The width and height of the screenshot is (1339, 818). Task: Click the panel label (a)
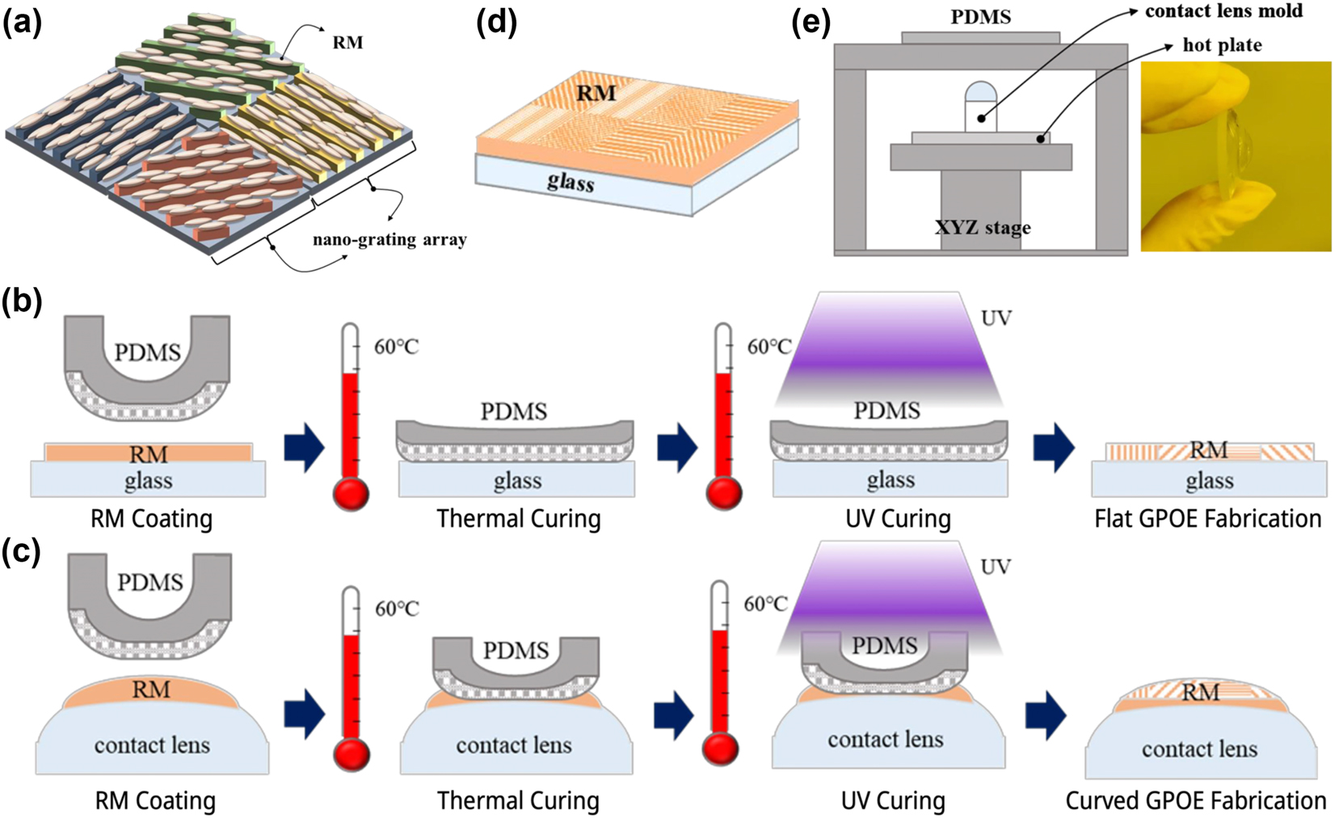tap(22, 23)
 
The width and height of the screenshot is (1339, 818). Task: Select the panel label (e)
tap(811, 23)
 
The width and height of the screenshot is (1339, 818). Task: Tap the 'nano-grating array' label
tap(389, 240)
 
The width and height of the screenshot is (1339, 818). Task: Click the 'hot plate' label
tap(1222, 45)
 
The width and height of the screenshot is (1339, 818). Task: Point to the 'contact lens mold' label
tap(1223, 11)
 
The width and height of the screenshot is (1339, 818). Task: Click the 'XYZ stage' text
tap(983, 228)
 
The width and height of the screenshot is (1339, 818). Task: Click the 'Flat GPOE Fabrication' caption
tap(1207, 519)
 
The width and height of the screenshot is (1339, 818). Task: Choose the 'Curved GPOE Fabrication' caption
tap(1195, 801)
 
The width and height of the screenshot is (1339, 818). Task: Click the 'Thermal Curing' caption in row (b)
tap(519, 519)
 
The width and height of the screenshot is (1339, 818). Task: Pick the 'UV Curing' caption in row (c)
tap(893, 801)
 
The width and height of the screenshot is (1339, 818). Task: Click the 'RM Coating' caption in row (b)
tap(151, 519)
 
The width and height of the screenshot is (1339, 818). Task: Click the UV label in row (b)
tap(996, 318)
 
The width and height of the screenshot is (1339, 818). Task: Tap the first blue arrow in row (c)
tap(304, 714)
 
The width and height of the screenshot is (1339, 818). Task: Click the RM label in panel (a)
tap(347, 43)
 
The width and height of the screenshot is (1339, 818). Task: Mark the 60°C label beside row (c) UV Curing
tap(765, 605)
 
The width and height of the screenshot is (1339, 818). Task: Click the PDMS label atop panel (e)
tap(980, 17)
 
